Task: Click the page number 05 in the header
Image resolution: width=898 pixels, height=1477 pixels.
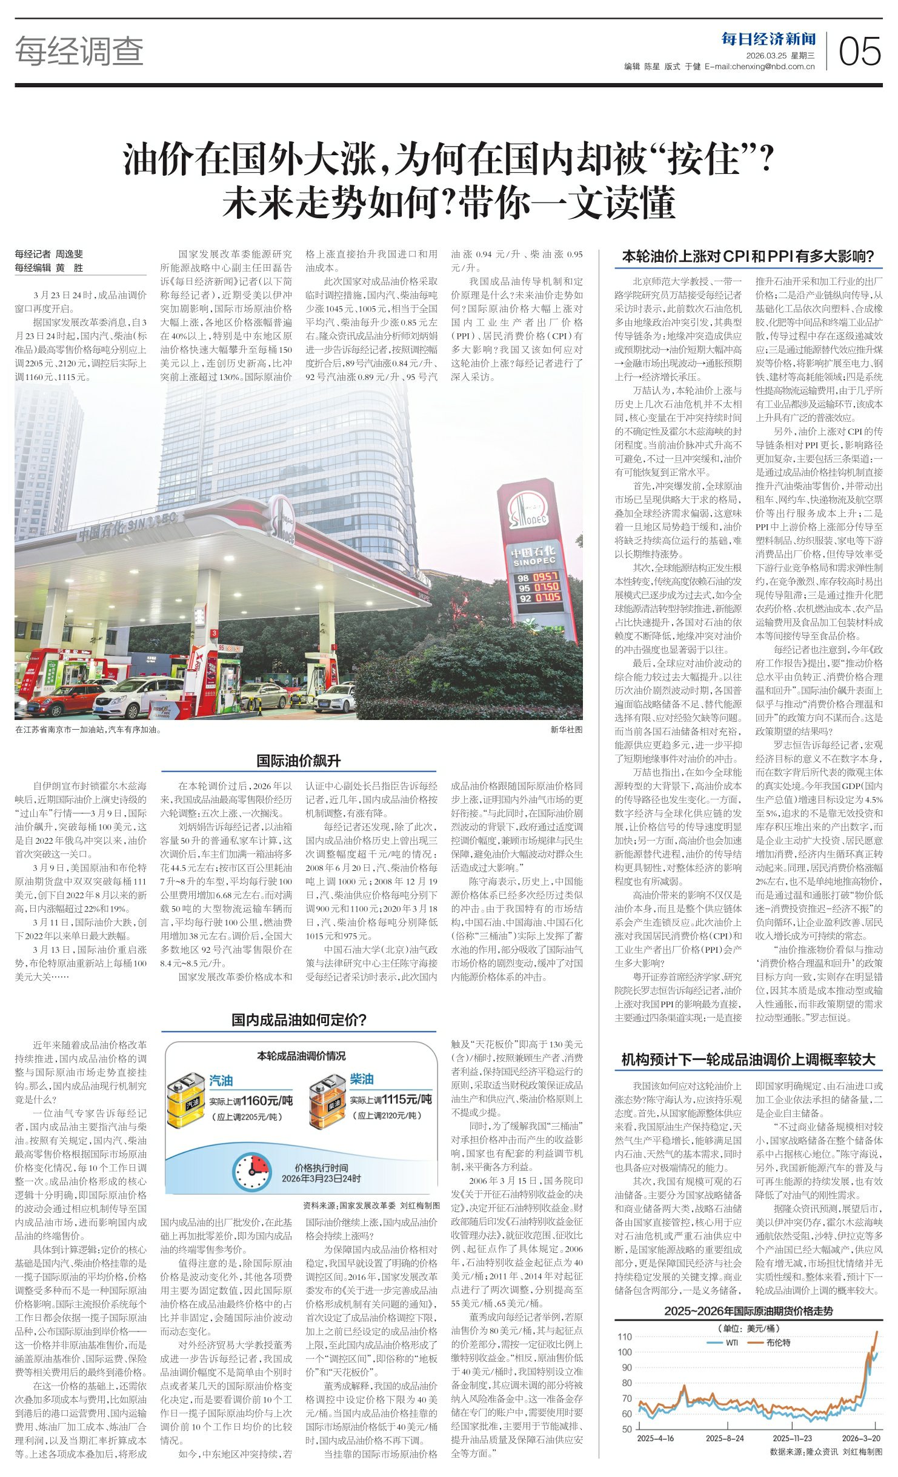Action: coord(859,51)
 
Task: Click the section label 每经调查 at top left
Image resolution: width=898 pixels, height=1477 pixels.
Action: coord(79,51)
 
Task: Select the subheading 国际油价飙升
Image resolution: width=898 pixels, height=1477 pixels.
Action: coord(298,761)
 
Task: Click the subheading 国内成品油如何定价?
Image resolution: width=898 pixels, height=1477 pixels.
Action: coord(299,1019)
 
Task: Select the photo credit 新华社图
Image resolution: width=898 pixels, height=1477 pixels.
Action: coord(566,730)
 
